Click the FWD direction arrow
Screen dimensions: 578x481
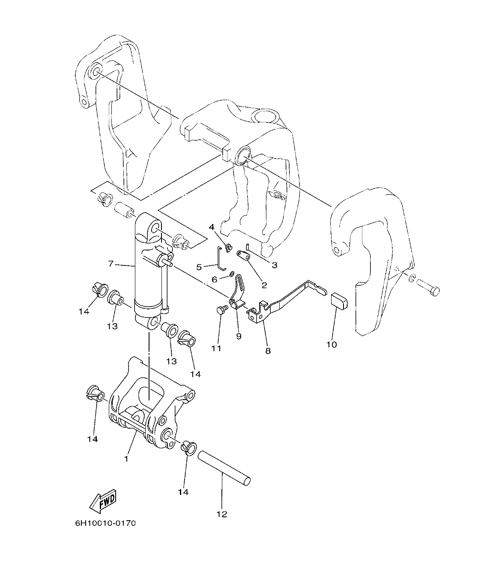(103, 501)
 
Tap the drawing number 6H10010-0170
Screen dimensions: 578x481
(105, 523)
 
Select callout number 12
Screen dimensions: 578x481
(222, 514)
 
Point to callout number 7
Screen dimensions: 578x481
(111, 264)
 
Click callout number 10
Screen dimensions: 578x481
(332, 344)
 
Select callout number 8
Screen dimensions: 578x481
(268, 351)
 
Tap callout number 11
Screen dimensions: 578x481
(216, 348)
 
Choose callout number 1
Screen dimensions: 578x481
(126, 459)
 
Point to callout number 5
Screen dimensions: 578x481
(199, 267)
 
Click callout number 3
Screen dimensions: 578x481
(275, 265)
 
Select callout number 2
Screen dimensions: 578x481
(264, 285)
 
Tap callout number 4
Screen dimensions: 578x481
(212, 227)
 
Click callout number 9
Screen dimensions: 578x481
(239, 336)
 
